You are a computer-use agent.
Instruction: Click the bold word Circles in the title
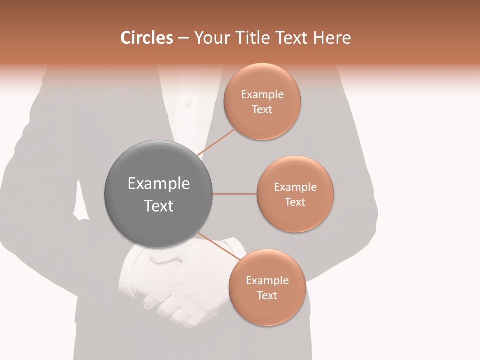(146, 38)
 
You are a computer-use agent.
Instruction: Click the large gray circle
(158, 194)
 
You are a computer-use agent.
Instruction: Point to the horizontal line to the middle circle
(234, 194)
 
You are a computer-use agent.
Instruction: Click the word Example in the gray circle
(158, 184)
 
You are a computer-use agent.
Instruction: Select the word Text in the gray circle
(158, 206)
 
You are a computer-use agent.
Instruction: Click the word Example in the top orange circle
(262, 95)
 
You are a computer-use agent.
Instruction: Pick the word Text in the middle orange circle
(295, 202)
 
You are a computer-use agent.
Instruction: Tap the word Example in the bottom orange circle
(267, 281)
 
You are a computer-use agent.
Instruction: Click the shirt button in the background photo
(188, 104)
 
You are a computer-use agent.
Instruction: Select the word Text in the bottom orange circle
(267, 296)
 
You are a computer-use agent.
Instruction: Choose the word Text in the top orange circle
(262, 110)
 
